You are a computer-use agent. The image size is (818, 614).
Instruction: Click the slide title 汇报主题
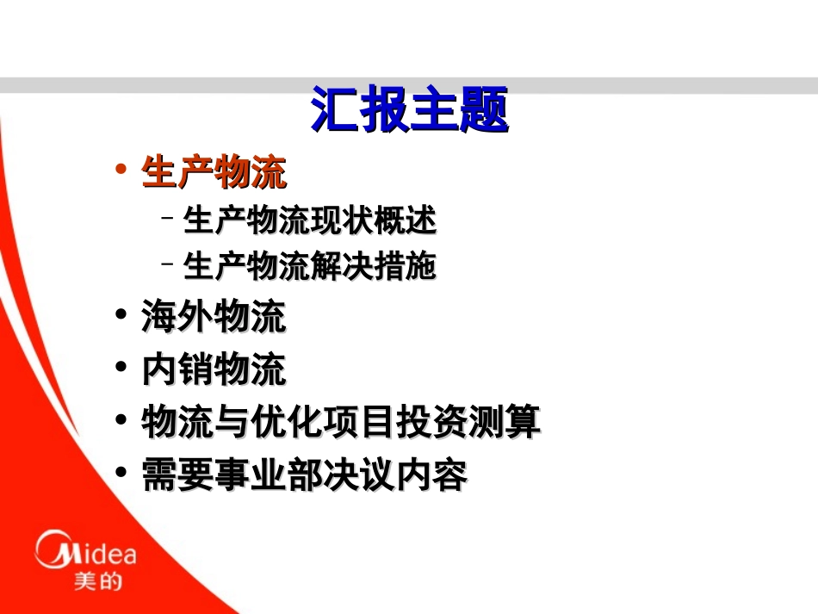point(410,110)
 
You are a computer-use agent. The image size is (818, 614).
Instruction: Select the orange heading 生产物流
point(214,173)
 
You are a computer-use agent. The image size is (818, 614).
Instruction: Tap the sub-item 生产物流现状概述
point(310,220)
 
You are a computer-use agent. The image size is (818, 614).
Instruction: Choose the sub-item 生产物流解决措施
point(310,267)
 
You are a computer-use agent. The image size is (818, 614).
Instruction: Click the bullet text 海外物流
point(214,317)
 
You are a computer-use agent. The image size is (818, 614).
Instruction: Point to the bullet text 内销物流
point(214,369)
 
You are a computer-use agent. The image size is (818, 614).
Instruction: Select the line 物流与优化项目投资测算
point(341,422)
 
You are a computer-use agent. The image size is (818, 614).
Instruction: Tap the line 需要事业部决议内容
point(305,474)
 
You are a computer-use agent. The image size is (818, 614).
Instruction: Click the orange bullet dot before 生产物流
point(121,169)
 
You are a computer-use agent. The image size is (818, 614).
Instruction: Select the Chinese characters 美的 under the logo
point(97,582)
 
